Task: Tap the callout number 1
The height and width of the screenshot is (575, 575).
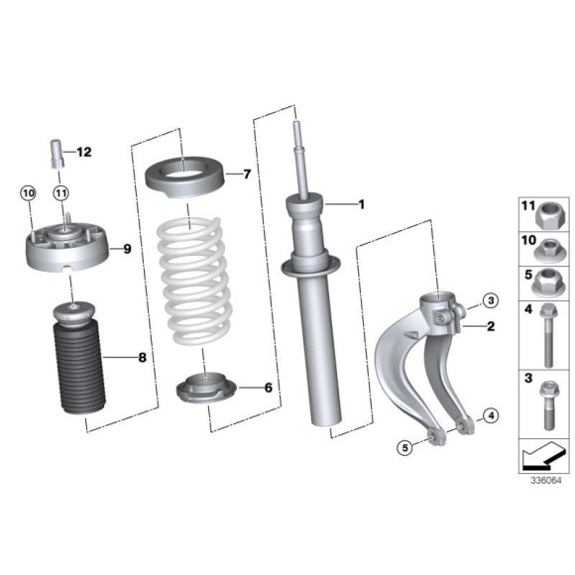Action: tap(362, 205)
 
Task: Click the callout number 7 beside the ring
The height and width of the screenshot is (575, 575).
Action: tap(247, 174)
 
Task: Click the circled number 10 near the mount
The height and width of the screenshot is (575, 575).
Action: tap(28, 192)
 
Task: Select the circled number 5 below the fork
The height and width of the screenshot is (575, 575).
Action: tap(405, 448)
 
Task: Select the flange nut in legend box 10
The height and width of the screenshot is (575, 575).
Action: tap(545, 245)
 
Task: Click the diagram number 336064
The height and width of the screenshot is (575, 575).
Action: tap(544, 480)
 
